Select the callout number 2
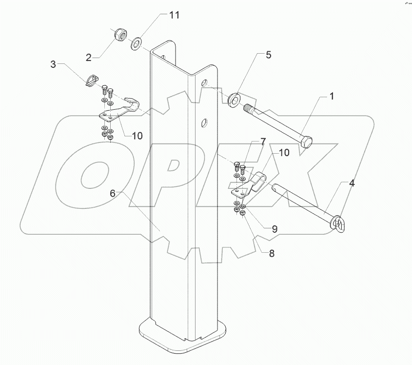pyautogui.click(x=89, y=58)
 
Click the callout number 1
pyautogui.click(x=331, y=97)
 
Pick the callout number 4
pyautogui.click(x=351, y=184)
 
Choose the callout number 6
pyautogui.click(x=113, y=193)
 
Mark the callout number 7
pyautogui.click(x=263, y=142)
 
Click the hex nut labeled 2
pyautogui.click(x=119, y=36)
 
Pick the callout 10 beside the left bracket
pyautogui.click(x=137, y=136)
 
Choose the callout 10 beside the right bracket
pyautogui.click(x=284, y=153)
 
